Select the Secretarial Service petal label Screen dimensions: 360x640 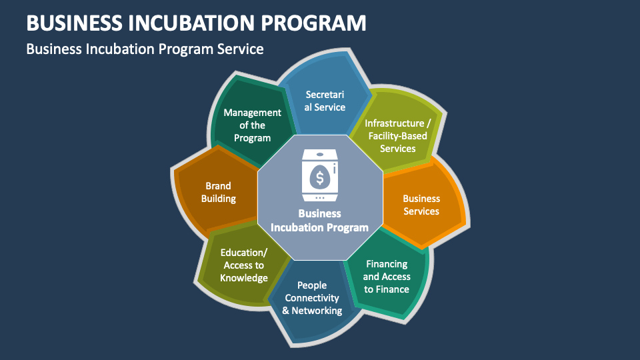tap(325, 101)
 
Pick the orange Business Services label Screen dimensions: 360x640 tap(421, 205)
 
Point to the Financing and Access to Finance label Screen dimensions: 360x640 tap(386, 277)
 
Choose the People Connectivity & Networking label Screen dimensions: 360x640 tap(312, 298)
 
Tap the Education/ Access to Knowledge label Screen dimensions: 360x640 tap(244, 265)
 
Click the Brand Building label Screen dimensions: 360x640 tap(218, 192)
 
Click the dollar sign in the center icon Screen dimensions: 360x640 tap(320, 178)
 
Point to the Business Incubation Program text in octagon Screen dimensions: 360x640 tap(319, 221)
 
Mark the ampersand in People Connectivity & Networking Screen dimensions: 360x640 tap(286, 311)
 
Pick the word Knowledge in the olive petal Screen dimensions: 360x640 tap(244, 278)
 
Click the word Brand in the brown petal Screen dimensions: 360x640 tap(218, 186)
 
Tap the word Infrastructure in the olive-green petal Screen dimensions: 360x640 tap(394, 123)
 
